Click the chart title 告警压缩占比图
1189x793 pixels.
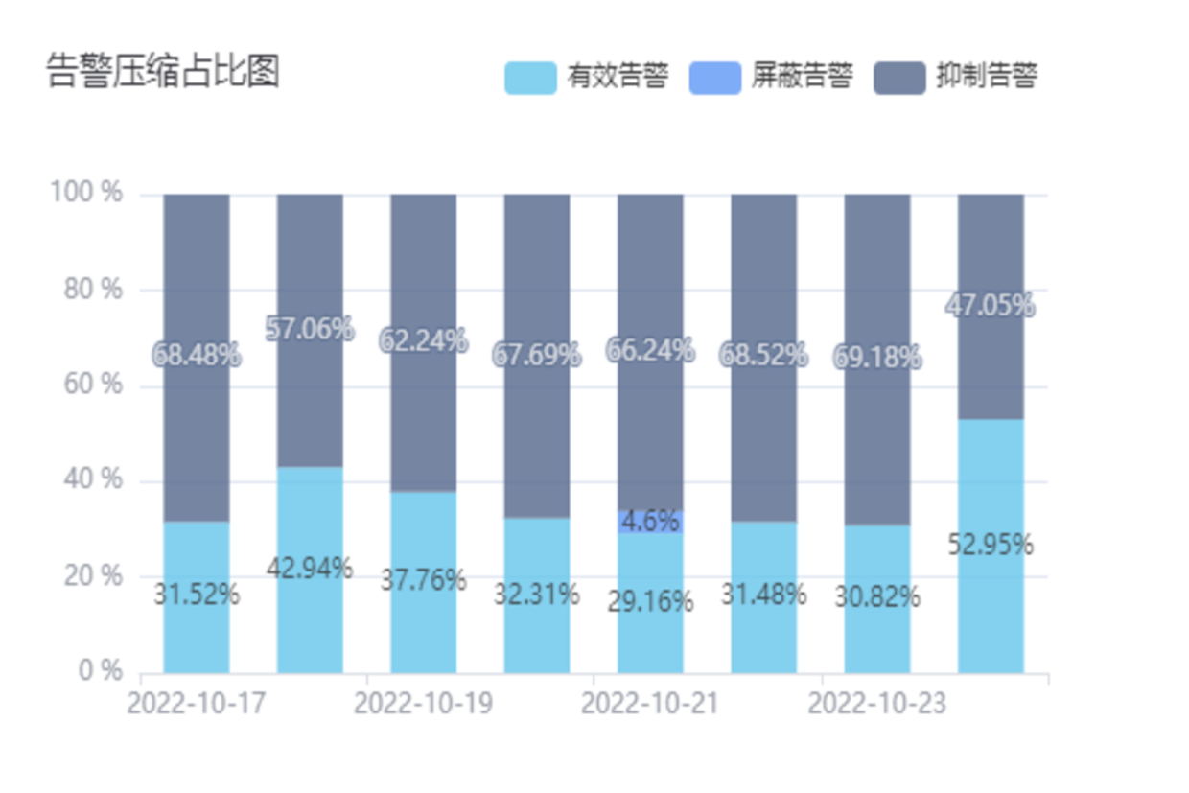click(163, 72)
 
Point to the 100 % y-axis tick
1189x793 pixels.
click(87, 193)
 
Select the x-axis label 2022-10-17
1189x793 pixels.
click(197, 704)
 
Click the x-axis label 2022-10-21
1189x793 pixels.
click(650, 704)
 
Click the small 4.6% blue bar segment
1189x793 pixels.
click(650, 522)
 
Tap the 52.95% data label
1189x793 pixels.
click(991, 545)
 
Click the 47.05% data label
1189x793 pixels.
click(991, 306)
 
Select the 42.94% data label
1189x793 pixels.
click(310, 569)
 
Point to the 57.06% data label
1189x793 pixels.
click(310, 330)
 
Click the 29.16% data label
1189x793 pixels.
click(650, 602)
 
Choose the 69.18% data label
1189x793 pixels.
click(877, 358)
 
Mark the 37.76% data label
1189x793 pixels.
click(423, 580)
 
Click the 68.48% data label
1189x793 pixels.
click(197, 356)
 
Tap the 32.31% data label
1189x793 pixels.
click(537, 595)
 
